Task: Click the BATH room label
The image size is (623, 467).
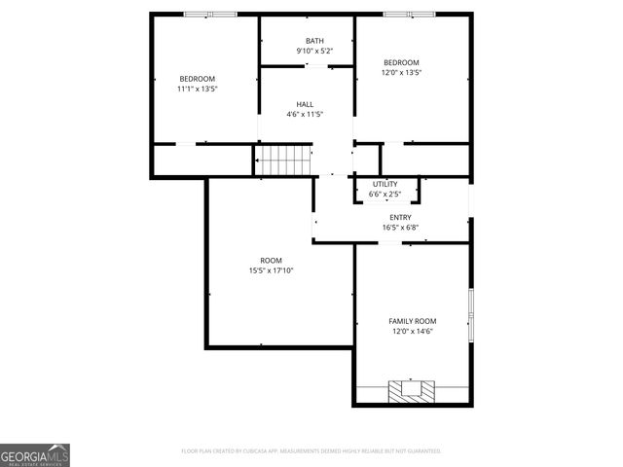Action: click(x=307, y=41)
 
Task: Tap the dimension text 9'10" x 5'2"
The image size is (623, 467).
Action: click(x=307, y=51)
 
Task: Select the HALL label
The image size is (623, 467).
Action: click(x=305, y=104)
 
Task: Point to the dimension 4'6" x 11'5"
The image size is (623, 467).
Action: click(x=305, y=114)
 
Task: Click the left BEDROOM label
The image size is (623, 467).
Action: click(x=197, y=79)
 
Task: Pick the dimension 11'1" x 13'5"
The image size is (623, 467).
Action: click(x=197, y=89)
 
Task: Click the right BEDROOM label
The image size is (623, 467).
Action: click(x=401, y=61)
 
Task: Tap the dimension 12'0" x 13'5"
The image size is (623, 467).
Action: click(x=401, y=72)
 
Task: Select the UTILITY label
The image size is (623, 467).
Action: click(x=385, y=184)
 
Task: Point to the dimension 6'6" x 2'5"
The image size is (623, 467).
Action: click(x=385, y=194)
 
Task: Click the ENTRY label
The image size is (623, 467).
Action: click(x=400, y=218)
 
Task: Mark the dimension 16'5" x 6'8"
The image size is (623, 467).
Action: click(x=400, y=229)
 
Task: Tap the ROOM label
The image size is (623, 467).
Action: click(x=271, y=260)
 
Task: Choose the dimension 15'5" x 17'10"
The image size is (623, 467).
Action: click(x=271, y=270)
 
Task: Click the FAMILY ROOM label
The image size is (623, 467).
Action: click(x=413, y=321)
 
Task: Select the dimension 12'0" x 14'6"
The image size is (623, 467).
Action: click(x=413, y=331)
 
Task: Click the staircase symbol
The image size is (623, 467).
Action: click(x=284, y=161)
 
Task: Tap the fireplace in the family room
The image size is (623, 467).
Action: click(x=412, y=391)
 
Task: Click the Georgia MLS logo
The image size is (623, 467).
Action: click(x=35, y=454)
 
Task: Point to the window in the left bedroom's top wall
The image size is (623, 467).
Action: click(x=211, y=14)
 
